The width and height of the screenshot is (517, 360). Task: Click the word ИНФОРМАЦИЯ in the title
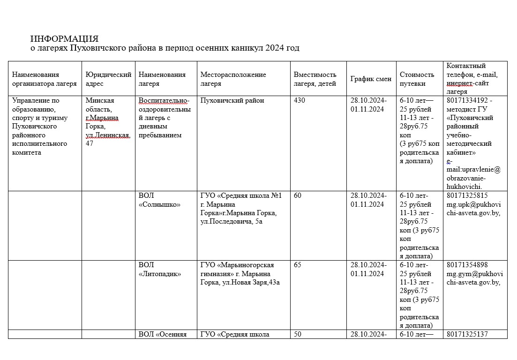tap(64, 38)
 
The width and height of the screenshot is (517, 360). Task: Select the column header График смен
tap(371, 79)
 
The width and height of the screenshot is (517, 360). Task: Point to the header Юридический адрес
tap(108, 79)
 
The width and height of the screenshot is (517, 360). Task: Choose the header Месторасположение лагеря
tap(233, 79)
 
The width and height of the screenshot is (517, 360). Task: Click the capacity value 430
tap(299, 100)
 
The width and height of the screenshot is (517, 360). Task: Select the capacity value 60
tap(298, 195)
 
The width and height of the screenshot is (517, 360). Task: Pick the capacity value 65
tap(298, 265)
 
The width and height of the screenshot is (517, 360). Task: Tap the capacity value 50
tap(298, 334)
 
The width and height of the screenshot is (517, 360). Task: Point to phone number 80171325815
tap(467, 195)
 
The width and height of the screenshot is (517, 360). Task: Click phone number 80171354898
tap(467, 265)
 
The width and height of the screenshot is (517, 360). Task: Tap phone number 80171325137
tap(467, 334)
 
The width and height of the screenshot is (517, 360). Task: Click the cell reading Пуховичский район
tap(232, 100)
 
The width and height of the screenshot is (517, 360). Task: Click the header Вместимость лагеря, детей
tap(315, 79)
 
